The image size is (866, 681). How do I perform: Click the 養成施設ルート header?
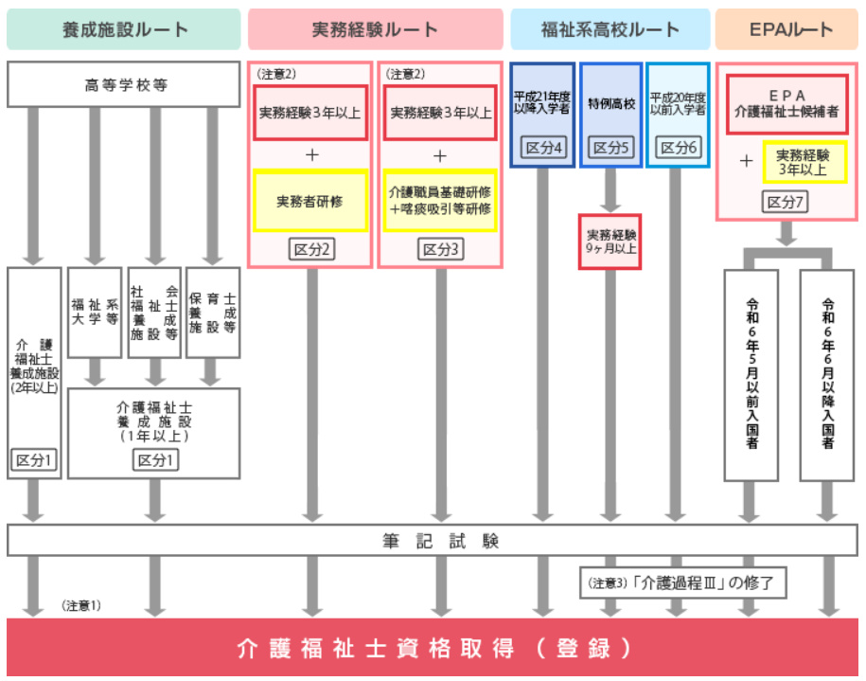(x=123, y=29)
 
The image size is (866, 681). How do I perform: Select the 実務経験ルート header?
(x=375, y=29)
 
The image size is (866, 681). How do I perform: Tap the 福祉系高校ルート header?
(x=610, y=29)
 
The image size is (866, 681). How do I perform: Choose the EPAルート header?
(x=787, y=29)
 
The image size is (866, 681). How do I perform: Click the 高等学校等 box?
(x=123, y=84)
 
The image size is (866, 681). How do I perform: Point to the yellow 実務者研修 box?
(x=309, y=201)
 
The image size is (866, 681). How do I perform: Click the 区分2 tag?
(x=309, y=249)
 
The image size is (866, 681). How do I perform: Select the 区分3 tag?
(x=440, y=249)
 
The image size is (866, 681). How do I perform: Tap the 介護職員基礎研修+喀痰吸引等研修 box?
(x=440, y=201)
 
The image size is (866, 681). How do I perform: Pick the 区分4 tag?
(x=542, y=148)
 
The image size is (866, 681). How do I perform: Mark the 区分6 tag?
(x=678, y=148)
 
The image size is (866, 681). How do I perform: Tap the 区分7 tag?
(x=786, y=203)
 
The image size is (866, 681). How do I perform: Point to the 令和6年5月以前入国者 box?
(x=751, y=374)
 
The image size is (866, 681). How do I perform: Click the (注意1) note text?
(x=81, y=604)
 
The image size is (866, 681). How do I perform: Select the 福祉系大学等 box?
(x=94, y=313)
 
